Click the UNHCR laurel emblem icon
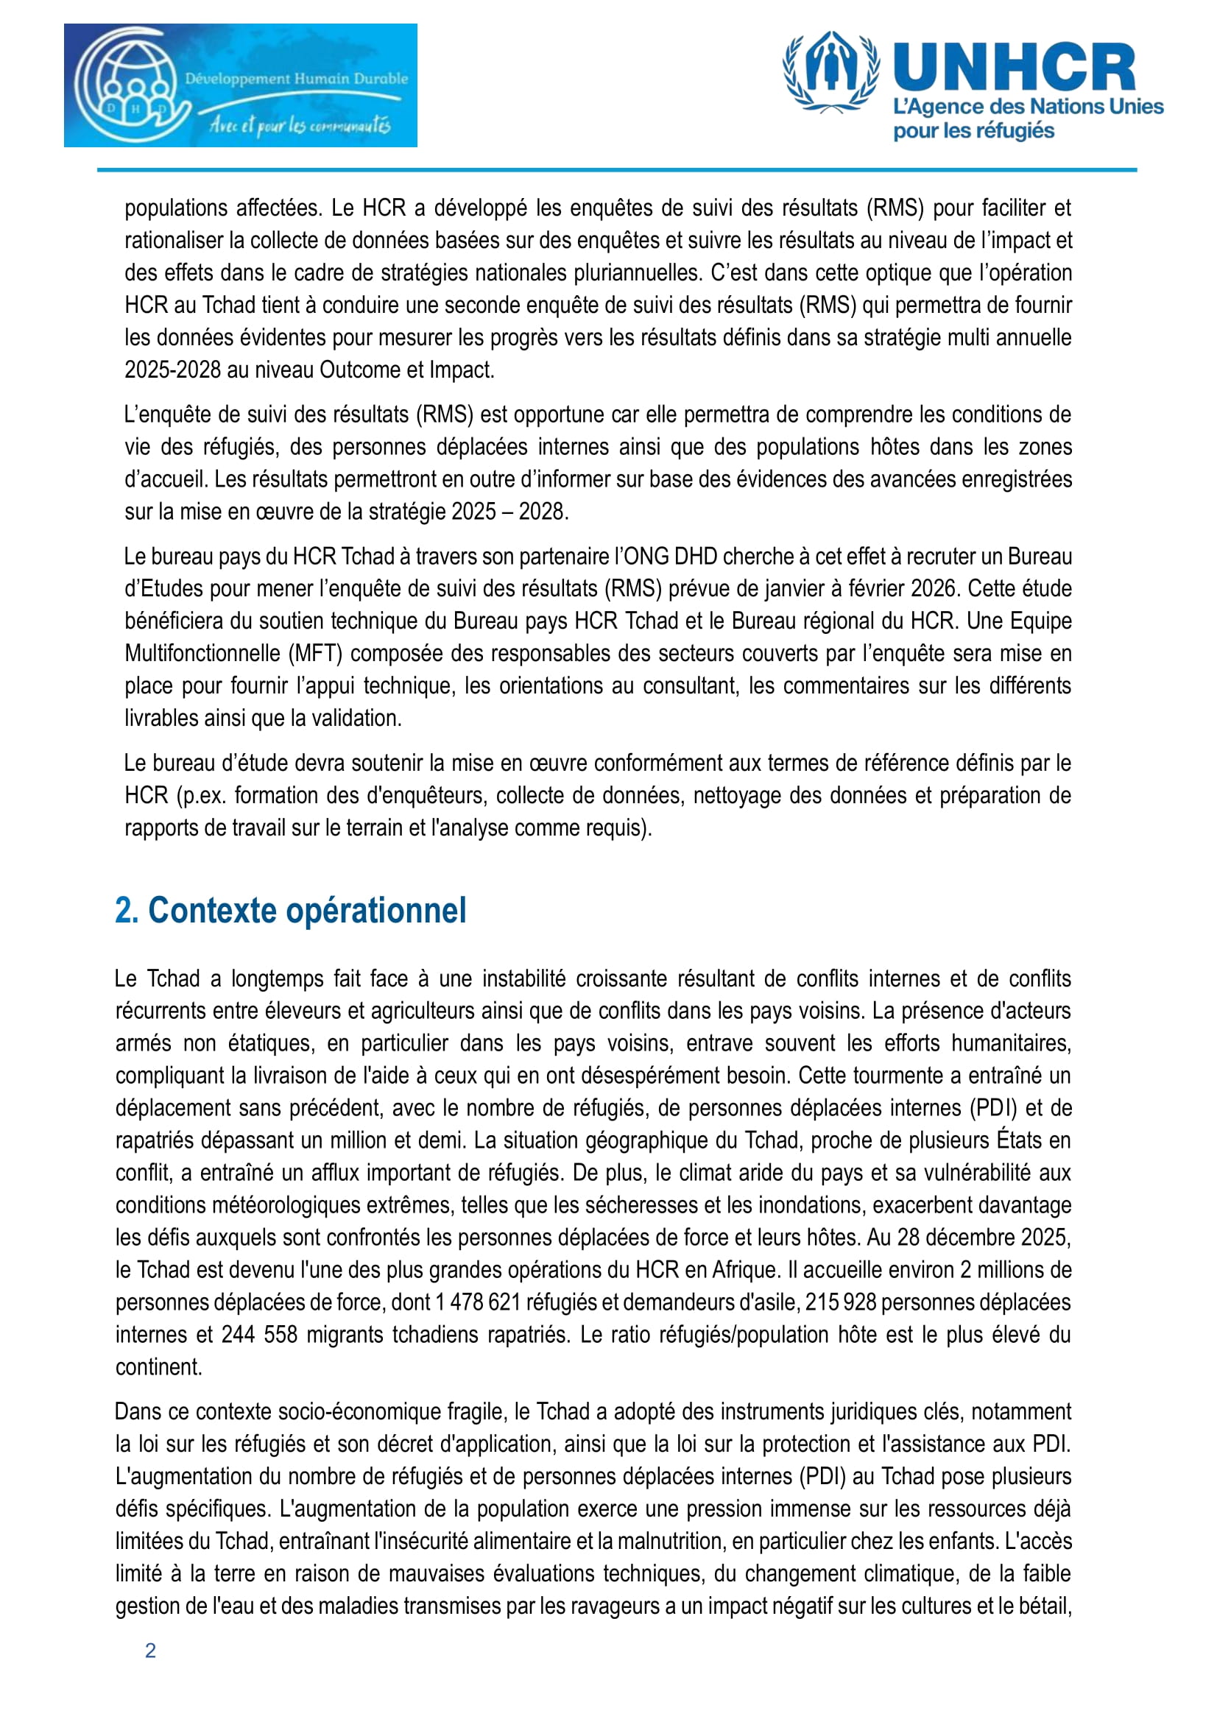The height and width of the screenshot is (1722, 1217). tap(830, 72)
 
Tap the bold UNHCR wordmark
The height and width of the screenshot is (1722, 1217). tap(1014, 68)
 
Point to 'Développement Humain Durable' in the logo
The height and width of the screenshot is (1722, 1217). tap(296, 78)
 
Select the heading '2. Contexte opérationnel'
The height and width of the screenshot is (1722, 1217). tap(290, 911)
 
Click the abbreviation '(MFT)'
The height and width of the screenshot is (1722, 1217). tap(316, 653)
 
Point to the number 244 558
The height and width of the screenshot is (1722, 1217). tap(259, 1334)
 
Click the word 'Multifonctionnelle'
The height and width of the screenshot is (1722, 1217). tap(202, 653)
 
